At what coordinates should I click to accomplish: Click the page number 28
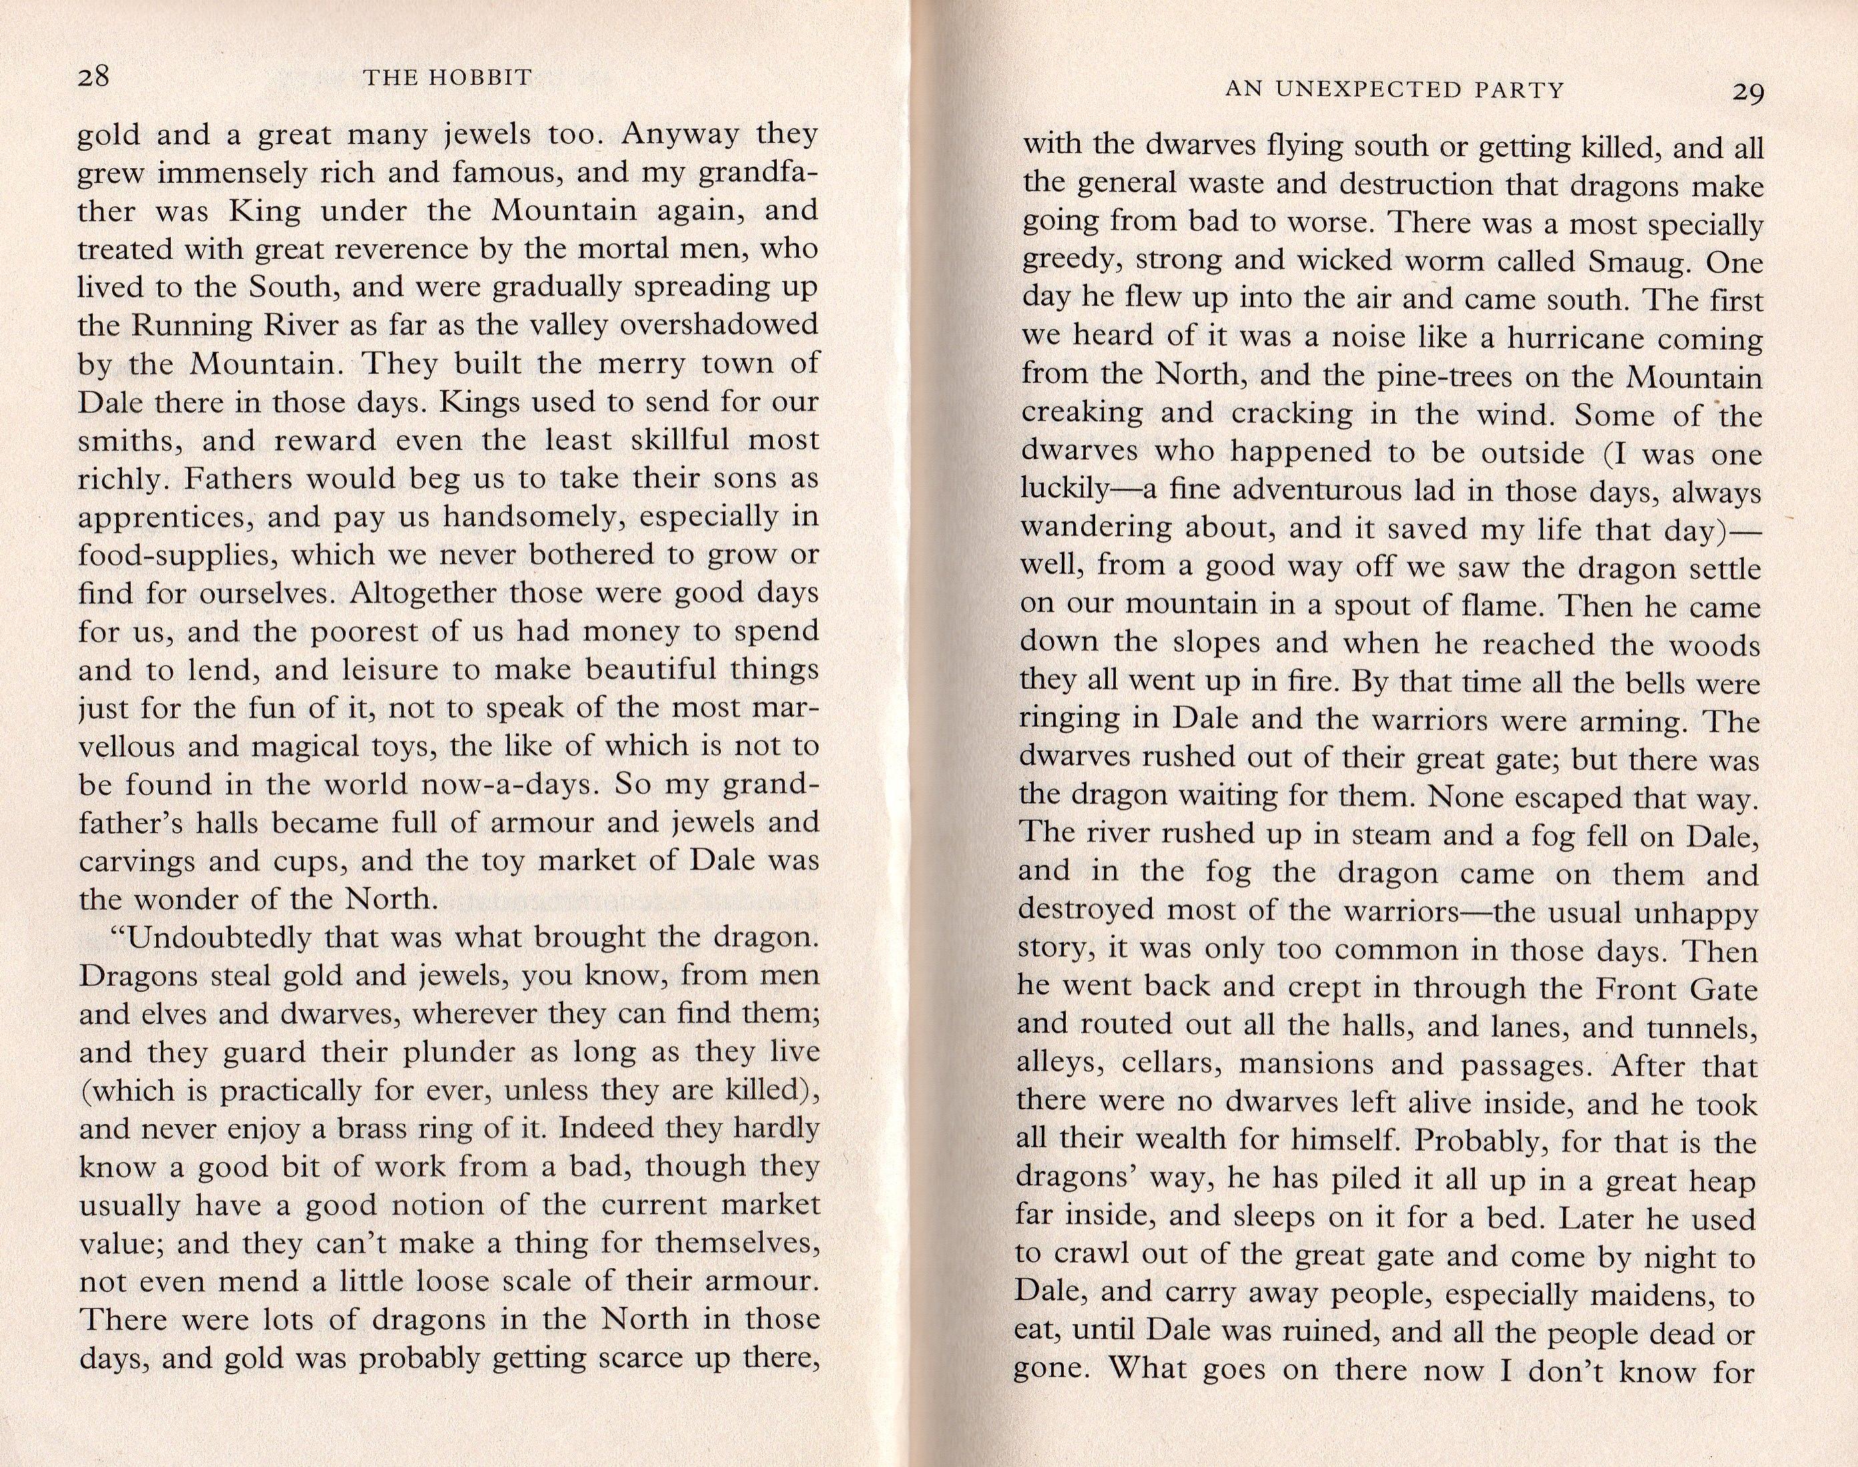pos(93,77)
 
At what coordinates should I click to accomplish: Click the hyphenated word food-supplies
pos(176,557)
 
